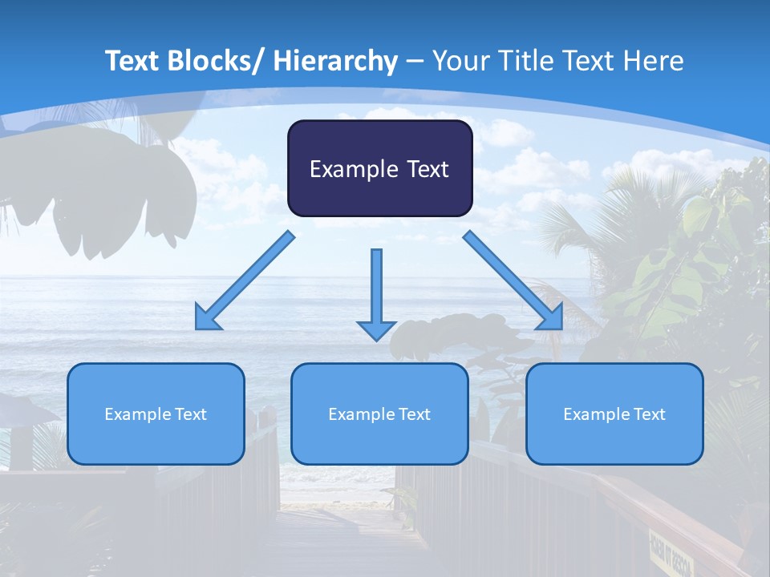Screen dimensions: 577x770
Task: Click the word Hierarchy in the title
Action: [335, 62]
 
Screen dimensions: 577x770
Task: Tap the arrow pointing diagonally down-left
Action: [249, 277]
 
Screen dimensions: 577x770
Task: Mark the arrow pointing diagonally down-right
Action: [510, 277]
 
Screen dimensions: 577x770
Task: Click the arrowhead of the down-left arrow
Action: [207, 318]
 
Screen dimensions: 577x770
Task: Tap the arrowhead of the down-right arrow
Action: [552, 318]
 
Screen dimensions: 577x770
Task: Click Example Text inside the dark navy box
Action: [379, 169]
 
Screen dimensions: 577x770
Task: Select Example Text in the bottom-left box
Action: [156, 414]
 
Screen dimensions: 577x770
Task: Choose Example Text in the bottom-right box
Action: [614, 414]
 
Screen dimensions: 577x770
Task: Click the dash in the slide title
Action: [415, 62]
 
